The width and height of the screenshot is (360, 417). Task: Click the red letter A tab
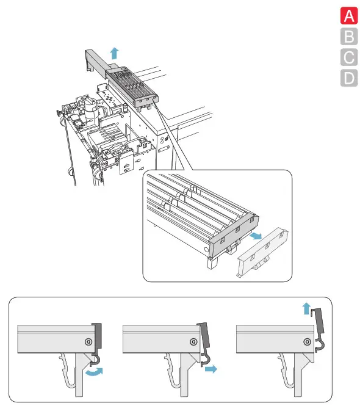coord(349,16)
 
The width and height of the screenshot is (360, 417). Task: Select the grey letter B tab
coord(349,37)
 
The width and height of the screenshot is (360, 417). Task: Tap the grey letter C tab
coord(349,57)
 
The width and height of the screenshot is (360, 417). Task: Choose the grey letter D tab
coord(349,78)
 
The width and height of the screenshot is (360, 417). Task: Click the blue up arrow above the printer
coord(115,53)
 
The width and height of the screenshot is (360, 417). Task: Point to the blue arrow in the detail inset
coord(256,236)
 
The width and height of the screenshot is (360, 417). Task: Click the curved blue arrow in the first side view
coord(94,372)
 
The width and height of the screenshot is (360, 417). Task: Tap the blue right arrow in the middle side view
coord(211,369)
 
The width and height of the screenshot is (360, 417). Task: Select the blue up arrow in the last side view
coord(306,308)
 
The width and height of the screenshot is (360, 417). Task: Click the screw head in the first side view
coord(88,342)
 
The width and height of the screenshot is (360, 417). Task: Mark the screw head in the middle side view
coord(193,342)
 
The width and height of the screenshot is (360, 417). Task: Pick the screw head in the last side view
coord(308,342)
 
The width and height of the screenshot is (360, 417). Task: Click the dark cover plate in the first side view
coord(97,336)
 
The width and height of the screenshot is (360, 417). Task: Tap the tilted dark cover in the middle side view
coord(204,336)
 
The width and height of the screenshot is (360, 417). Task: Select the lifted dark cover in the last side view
coord(319,321)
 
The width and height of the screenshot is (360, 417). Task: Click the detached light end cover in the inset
coord(262,252)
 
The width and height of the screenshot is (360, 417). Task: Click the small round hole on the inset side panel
coord(206,250)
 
